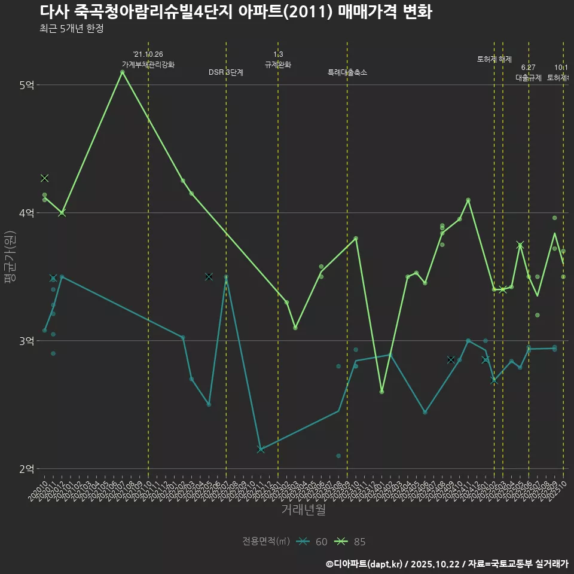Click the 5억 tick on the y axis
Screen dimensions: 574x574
pos(26,86)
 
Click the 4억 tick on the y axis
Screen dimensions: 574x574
pos(26,213)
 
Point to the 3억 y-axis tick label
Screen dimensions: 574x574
pos(26,341)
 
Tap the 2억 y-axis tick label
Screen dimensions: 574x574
pos(26,469)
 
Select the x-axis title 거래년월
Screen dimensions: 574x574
pos(303,510)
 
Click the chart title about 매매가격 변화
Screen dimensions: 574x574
pos(236,12)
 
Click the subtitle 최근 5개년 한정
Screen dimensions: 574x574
pos(72,29)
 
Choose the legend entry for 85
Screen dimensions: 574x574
pos(351,542)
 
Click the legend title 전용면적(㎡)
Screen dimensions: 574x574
pos(266,542)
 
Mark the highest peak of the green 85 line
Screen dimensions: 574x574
pos(122,72)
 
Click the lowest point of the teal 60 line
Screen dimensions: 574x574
pos(261,449)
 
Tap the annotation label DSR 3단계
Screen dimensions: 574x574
pos(226,72)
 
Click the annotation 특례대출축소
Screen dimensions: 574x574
pos(347,72)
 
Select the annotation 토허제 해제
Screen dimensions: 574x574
pos(494,59)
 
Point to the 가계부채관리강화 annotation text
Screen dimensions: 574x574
pos(148,65)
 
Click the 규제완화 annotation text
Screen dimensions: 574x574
pos(278,65)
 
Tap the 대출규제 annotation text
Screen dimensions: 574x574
pos(529,78)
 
